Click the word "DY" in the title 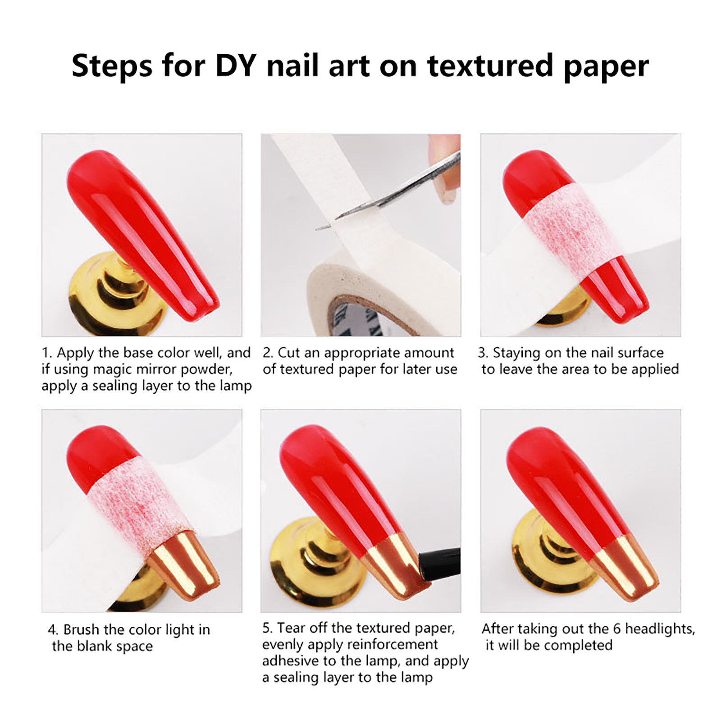[236, 65]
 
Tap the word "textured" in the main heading [490, 65]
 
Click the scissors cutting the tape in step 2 [388, 192]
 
